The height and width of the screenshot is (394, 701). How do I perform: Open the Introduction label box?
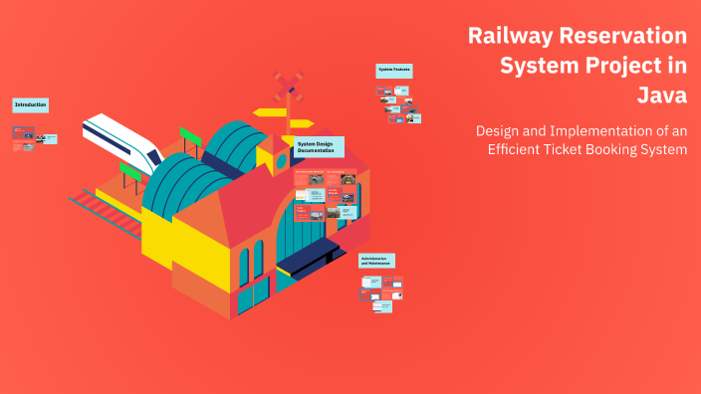click(30, 104)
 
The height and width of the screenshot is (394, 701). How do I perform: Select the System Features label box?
click(393, 71)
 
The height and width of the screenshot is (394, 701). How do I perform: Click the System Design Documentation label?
click(319, 147)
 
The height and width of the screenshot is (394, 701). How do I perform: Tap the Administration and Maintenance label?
click(377, 261)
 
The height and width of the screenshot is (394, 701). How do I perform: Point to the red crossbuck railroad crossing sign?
click(289, 88)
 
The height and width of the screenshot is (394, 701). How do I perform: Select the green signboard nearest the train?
click(130, 171)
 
